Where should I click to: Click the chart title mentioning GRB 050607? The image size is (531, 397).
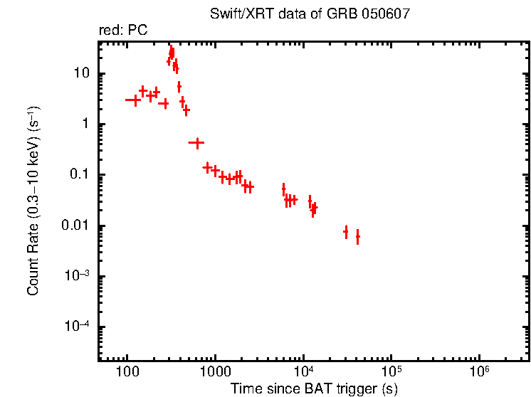310,15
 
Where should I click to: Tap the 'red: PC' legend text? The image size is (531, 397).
122,31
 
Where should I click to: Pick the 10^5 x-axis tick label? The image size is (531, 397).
391,371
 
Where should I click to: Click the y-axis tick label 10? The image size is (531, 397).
80,74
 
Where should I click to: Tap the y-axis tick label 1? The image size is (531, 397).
86,125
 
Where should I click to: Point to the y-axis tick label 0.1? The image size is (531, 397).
80,175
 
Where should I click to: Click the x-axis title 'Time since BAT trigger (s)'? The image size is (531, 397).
314,388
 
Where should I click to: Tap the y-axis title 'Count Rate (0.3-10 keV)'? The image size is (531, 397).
33,201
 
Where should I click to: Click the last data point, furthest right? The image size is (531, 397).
357,237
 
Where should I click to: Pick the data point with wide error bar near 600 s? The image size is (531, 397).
196,143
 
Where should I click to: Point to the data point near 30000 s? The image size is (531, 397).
346,232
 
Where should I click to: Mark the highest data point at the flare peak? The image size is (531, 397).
172,52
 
